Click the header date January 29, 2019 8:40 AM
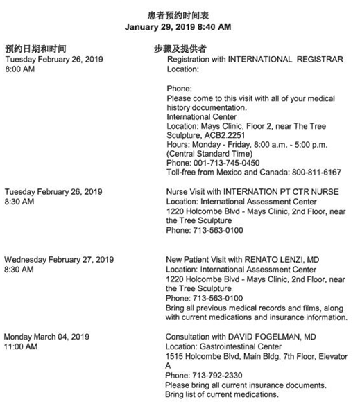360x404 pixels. tap(178, 27)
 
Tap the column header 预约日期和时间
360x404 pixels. tap(35, 49)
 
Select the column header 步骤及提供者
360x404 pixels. tap(180, 49)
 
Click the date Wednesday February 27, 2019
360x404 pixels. tap(59, 259)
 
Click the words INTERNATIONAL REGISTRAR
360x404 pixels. tap(286, 60)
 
